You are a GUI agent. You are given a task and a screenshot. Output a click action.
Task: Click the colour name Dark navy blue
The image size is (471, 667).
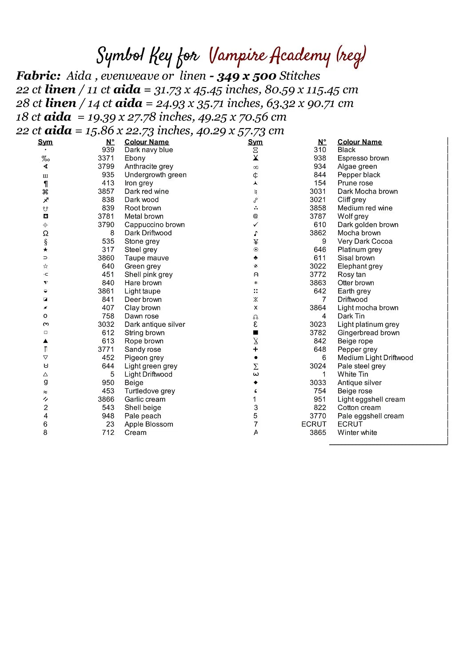148,150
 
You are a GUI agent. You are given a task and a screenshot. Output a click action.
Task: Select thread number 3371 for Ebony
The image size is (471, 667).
106,158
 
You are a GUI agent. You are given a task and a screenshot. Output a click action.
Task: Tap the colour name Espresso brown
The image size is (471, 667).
363,158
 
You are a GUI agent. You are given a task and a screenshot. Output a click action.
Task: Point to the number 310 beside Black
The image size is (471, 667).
319,150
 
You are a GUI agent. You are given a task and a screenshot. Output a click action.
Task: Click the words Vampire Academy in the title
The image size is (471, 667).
270,56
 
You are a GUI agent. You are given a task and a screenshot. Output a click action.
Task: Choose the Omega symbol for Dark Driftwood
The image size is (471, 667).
45,233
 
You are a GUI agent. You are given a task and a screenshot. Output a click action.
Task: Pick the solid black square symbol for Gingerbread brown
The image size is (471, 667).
255,333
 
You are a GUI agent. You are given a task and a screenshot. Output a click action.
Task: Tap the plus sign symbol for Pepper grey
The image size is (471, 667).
255,350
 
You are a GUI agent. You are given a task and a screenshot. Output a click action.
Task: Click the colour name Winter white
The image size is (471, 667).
357,433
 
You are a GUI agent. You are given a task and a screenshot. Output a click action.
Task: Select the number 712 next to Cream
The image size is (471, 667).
108,433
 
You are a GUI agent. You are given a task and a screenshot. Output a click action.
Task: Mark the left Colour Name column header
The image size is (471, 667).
147,142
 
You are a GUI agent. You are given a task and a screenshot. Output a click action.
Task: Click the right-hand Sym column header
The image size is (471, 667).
255,142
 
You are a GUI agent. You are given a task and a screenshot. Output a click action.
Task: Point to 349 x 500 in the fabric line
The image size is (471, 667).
247,76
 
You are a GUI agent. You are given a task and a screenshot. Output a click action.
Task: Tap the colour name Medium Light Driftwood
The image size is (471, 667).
375,358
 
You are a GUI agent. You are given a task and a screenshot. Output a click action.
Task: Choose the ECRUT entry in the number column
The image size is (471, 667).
314,424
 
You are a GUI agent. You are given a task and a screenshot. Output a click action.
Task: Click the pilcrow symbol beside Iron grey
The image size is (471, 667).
45,184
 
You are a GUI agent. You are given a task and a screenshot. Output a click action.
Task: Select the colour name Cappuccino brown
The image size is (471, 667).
154,225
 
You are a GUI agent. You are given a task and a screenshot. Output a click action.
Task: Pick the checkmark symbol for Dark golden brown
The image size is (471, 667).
255,225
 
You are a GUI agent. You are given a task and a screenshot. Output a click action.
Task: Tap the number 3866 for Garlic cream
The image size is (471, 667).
106,399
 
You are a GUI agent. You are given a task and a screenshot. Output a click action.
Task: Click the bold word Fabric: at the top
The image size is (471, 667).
38,76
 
